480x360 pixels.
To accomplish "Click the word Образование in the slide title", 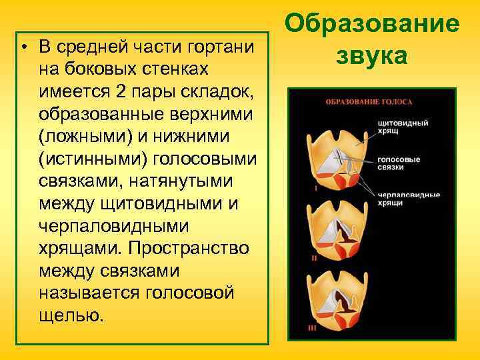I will click(371, 24).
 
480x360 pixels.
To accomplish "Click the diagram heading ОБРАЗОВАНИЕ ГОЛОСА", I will click(369, 102).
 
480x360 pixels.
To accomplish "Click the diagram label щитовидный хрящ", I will click(402, 127).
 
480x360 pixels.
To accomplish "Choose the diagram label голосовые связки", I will click(399, 164).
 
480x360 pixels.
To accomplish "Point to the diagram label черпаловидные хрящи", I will click(408, 198).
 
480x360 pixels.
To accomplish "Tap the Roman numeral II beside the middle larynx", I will click(313, 257).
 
